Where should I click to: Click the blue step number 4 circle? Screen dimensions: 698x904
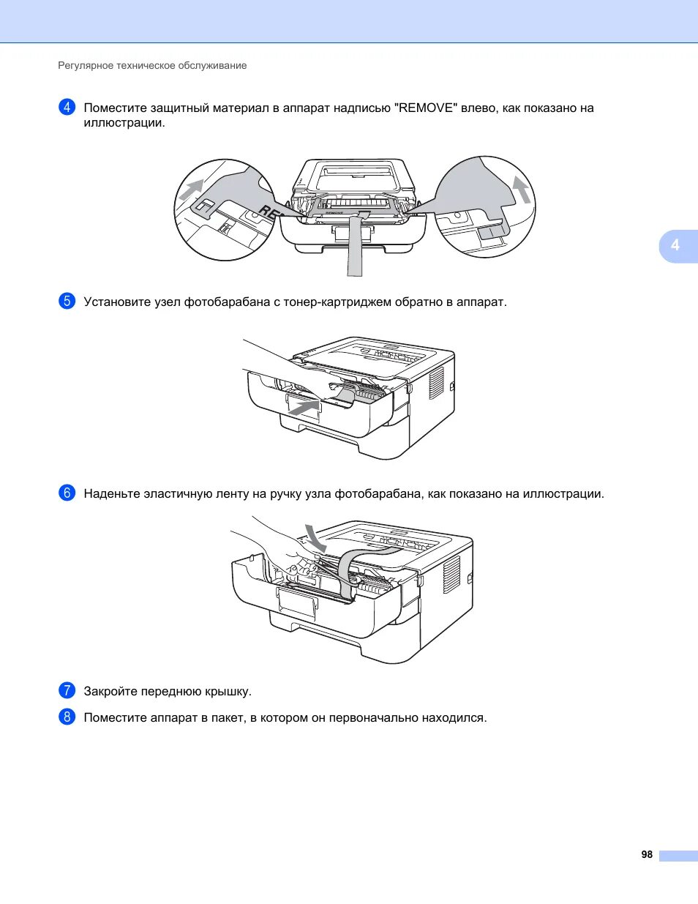67,108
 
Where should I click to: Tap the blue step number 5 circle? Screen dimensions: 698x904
67,301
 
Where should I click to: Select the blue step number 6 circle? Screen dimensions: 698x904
67,493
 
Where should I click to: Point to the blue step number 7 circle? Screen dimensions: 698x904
67,690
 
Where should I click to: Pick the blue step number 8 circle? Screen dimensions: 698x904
67,717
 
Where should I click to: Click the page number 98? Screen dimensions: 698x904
647,854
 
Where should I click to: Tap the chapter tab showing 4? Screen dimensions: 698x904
675,245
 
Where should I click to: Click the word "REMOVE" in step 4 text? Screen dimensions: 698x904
426,108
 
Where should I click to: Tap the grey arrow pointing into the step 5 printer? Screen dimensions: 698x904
304,407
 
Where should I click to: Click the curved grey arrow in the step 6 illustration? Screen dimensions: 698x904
315,538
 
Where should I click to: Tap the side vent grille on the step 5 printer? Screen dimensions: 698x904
436,382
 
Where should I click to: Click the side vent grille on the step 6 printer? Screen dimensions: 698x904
451,575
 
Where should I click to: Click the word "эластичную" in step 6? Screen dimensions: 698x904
178,493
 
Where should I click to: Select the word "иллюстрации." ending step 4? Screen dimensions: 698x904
124,123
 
